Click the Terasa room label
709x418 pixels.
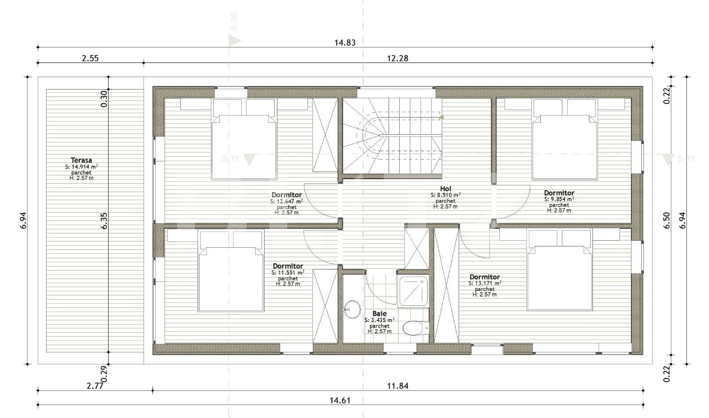pos(81,160)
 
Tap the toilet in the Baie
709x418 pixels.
pos(414,328)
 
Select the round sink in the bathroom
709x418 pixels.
pos(353,309)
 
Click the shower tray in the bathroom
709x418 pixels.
pos(413,291)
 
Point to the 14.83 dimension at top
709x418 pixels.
pos(345,43)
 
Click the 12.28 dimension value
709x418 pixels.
pos(397,58)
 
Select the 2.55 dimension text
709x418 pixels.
pos(90,58)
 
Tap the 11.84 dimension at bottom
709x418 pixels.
pos(397,386)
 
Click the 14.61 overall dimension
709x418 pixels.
pos(340,400)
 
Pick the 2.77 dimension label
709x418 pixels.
pos(95,386)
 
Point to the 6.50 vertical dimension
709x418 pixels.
pos(667,220)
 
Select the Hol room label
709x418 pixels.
pos(445,189)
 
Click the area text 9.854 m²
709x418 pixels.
pos(559,199)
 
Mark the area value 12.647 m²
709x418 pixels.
pos(287,201)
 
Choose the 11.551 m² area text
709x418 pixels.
pos(288,273)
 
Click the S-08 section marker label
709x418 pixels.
pos(234,22)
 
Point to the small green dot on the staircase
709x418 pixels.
pos(442,117)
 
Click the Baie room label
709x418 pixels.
pos(379,313)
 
